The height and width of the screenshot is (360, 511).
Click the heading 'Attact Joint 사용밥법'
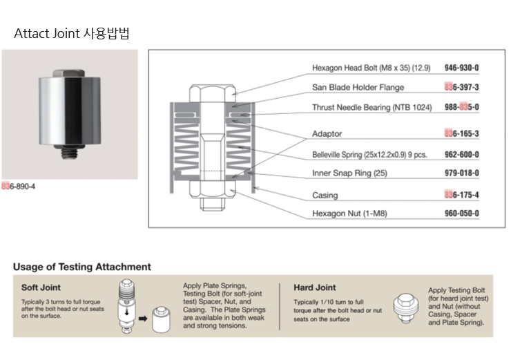click(71, 32)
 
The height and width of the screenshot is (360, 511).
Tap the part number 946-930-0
click(462, 68)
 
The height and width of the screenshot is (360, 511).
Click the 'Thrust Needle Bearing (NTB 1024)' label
click(371, 107)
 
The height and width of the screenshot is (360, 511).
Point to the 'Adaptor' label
click(327, 133)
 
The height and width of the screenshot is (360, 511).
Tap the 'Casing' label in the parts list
click(325, 196)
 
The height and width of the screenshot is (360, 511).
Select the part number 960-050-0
click(462, 214)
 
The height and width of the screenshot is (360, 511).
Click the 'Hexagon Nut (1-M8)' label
click(349, 214)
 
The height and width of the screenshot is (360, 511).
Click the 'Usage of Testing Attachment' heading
click(81, 267)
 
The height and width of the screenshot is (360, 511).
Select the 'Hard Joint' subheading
click(315, 287)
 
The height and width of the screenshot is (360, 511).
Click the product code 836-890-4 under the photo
click(20, 187)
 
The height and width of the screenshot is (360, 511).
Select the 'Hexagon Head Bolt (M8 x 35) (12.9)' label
click(371, 68)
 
